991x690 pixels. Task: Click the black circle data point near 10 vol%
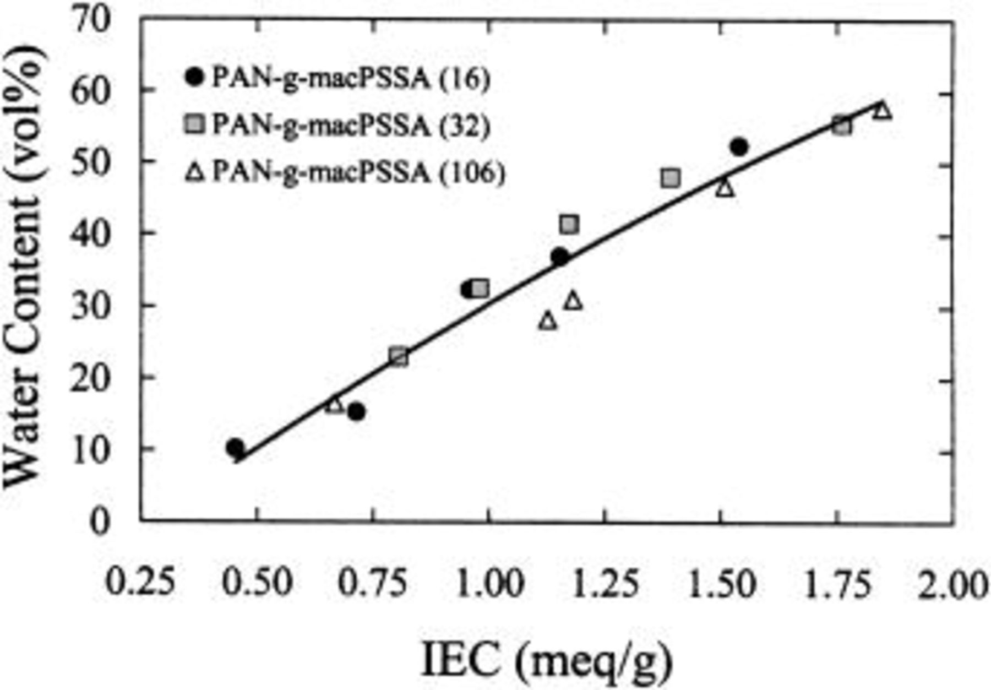point(235,448)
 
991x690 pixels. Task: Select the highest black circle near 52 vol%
point(739,147)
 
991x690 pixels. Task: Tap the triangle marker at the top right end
point(883,110)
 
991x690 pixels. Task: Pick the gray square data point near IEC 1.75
point(842,126)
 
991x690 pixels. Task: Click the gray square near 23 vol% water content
point(399,356)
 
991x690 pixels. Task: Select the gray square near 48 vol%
point(670,178)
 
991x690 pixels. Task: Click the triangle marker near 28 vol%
point(548,321)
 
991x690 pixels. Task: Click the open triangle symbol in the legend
point(195,174)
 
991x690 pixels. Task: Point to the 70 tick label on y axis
point(91,20)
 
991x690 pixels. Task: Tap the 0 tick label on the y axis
point(99,521)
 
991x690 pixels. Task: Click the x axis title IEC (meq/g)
point(547,660)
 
